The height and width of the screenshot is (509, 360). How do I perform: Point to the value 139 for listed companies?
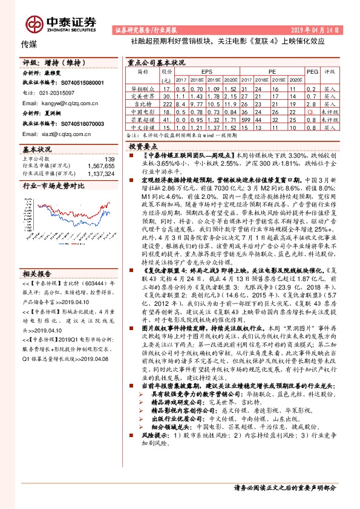point(110,159)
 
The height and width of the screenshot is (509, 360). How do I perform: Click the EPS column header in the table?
point(208,71)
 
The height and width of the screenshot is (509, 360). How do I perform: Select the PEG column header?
point(312,71)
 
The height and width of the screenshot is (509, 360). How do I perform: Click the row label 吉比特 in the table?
point(143,104)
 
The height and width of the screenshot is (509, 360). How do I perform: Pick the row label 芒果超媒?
point(143,120)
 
